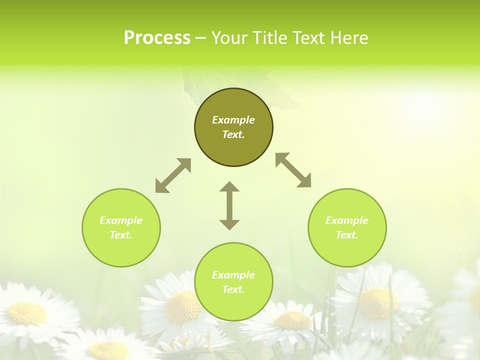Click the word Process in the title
click(157, 38)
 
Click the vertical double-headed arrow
click(229, 206)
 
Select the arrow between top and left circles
click(173, 175)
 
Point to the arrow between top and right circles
click(293, 170)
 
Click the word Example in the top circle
click(233, 120)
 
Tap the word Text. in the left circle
click(121, 235)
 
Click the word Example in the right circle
click(347, 220)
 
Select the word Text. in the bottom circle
click(233, 289)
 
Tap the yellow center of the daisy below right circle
click(377, 303)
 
